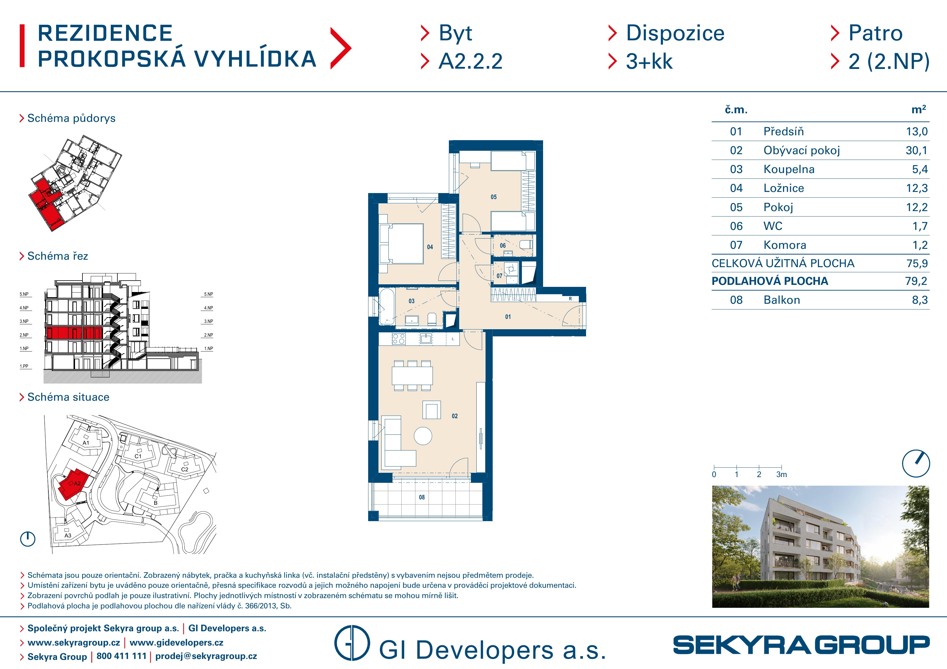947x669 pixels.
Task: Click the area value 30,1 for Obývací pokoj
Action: click(x=916, y=150)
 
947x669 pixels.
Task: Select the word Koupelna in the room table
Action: click(x=789, y=169)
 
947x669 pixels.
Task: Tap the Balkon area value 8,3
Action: click(x=920, y=300)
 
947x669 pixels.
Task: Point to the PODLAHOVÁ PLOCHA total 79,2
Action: click(x=916, y=281)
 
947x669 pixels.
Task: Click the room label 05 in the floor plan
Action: click(x=494, y=197)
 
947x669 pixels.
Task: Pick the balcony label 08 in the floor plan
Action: click(x=421, y=497)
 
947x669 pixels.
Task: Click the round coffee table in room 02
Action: click(x=423, y=436)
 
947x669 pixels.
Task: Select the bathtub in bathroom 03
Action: click(x=387, y=307)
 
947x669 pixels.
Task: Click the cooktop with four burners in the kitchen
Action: click(x=399, y=339)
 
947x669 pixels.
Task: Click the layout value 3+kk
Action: click(x=649, y=61)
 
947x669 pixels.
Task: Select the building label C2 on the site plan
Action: click(x=185, y=469)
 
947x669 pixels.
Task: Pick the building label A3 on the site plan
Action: click(x=68, y=535)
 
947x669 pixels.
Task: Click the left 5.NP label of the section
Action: click(x=24, y=294)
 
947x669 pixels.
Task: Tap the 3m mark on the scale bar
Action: click(x=782, y=475)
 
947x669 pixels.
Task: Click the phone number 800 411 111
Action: click(x=121, y=656)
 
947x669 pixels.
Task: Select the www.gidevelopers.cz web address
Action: click(x=177, y=643)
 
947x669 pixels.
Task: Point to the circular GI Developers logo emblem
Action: click(x=352, y=643)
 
